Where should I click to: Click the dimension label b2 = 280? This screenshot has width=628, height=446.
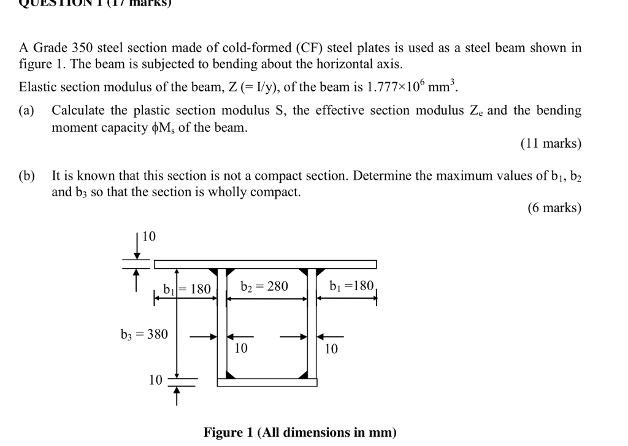[x=264, y=286]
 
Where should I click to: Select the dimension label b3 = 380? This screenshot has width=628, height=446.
[x=144, y=334]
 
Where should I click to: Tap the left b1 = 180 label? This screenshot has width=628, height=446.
[x=187, y=288]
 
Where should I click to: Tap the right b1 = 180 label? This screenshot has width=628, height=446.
[x=351, y=286]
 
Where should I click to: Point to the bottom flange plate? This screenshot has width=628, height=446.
[x=267, y=382]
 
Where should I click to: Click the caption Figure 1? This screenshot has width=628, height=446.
[x=300, y=433]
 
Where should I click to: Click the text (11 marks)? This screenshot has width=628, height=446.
[x=550, y=144]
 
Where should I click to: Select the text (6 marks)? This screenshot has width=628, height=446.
[x=554, y=207]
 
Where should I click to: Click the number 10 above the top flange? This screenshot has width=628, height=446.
[x=149, y=236]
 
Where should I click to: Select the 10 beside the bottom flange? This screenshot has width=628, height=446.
[x=155, y=380]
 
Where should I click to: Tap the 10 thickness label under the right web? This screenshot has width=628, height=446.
[x=331, y=348]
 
